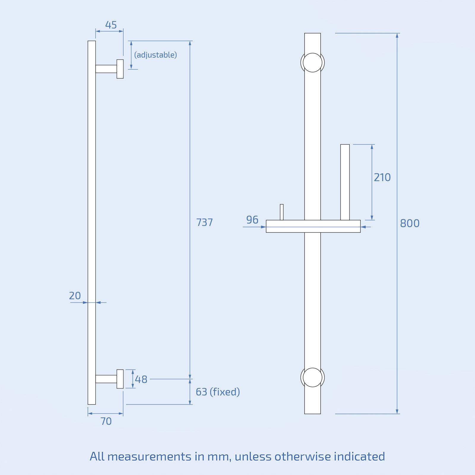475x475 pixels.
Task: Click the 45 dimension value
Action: pos(111,25)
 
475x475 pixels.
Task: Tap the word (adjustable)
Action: pos(155,55)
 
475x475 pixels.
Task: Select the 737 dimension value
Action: pos(204,222)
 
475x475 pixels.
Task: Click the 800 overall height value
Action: pos(409,223)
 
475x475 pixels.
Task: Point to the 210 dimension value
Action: pos(382,178)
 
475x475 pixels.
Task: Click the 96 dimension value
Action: pos(252,220)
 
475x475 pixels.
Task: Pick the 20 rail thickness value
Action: pos(75,296)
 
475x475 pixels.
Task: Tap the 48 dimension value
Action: pos(141,379)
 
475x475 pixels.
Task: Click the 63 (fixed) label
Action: pos(217,392)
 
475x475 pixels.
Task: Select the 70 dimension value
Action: pos(106,421)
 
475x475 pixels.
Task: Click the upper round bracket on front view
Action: pos(312,63)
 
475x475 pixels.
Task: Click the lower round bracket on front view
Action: pos(312,377)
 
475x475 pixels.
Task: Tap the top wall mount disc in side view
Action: pos(120,69)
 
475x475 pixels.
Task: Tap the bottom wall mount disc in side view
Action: pos(120,379)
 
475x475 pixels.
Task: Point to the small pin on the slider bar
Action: pos(281,212)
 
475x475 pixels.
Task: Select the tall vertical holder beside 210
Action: pos(345,182)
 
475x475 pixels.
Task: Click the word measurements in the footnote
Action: pos(149,457)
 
